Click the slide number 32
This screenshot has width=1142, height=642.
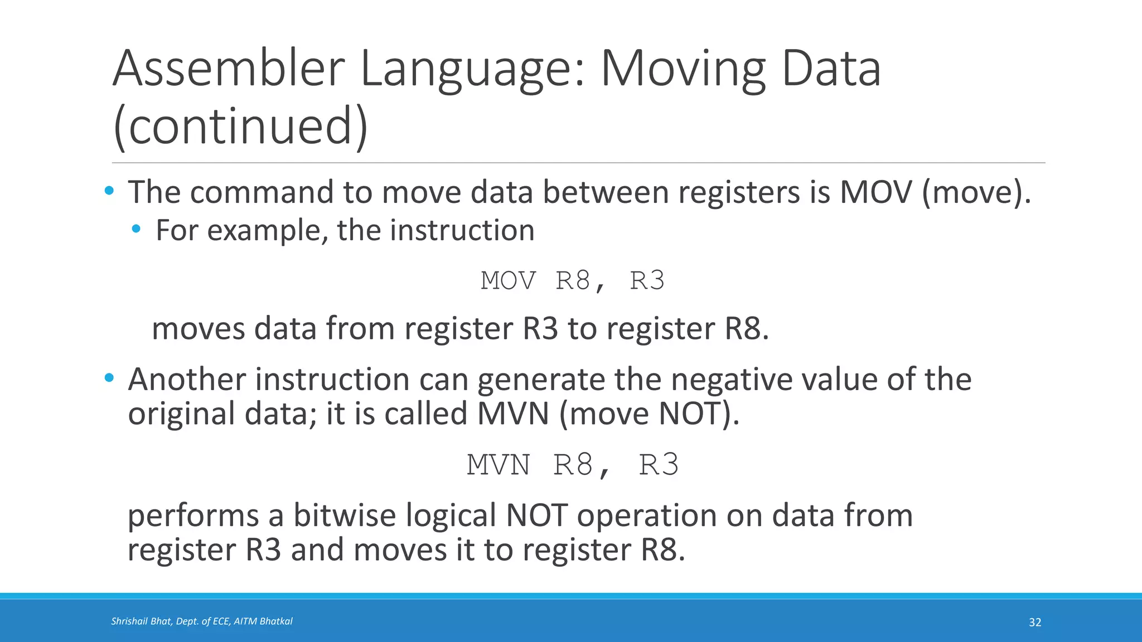tap(1035, 622)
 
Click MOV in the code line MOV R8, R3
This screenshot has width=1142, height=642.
tap(508, 280)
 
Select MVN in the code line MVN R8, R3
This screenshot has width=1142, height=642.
tap(499, 465)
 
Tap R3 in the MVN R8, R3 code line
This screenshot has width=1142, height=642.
tap(659, 465)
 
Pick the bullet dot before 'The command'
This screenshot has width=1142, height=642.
tap(109, 192)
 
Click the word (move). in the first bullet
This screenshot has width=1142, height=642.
tap(976, 192)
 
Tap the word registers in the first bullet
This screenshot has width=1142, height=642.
tap(739, 192)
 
